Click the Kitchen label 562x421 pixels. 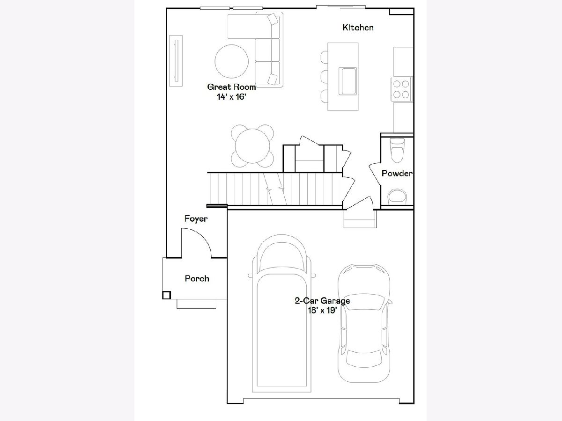tap(358, 27)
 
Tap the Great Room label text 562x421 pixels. tap(231, 87)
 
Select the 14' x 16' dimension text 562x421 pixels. tap(231, 97)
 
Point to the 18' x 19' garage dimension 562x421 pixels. tap(322, 310)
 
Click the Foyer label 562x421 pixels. tap(196, 219)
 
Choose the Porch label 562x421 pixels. tap(197, 278)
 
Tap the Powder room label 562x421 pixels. tap(397, 174)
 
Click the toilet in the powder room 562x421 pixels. tap(397, 150)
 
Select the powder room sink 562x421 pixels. tap(397, 197)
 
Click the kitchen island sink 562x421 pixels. tap(348, 81)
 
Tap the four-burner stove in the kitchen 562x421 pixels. tap(401, 89)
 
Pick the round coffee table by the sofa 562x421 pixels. tap(231, 61)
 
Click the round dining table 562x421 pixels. tap(252, 146)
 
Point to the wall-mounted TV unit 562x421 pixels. tap(176, 61)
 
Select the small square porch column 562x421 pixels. tap(166, 295)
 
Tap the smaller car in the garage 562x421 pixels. tap(364, 323)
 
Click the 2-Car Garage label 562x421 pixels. tap(322, 301)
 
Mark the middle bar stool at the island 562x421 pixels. tap(325, 76)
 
